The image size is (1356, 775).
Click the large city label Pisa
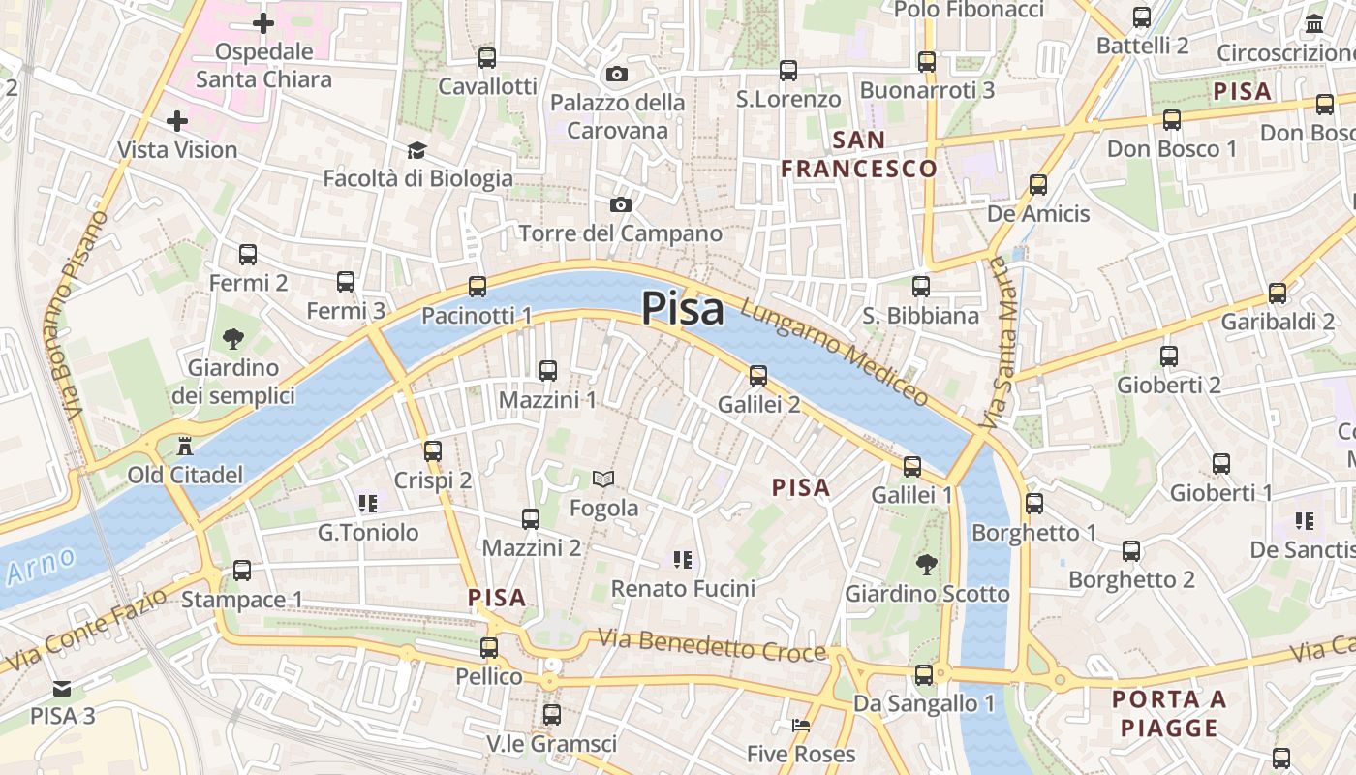point(683,310)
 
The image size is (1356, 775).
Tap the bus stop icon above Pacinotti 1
point(477,287)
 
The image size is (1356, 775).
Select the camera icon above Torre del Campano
point(620,204)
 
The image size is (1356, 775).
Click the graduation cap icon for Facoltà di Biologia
point(416,150)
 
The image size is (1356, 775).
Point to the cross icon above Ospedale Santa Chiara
point(263,23)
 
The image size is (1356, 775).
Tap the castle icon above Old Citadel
point(185,446)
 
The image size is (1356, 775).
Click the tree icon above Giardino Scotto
point(927,564)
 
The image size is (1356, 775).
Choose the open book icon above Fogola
point(603,480)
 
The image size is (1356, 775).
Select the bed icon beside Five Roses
point(800,725)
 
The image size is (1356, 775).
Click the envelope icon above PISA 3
point(62,689)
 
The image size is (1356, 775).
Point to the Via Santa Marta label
point(1000,344)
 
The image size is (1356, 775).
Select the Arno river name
point(41,568)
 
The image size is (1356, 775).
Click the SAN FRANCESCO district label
point(859,154)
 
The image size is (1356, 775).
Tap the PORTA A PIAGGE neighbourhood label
point(1169,713)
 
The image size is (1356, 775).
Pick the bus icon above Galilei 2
point(758,376)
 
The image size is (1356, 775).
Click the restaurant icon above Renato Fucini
point(683,559)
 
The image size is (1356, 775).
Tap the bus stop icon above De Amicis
point(1038,184)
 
